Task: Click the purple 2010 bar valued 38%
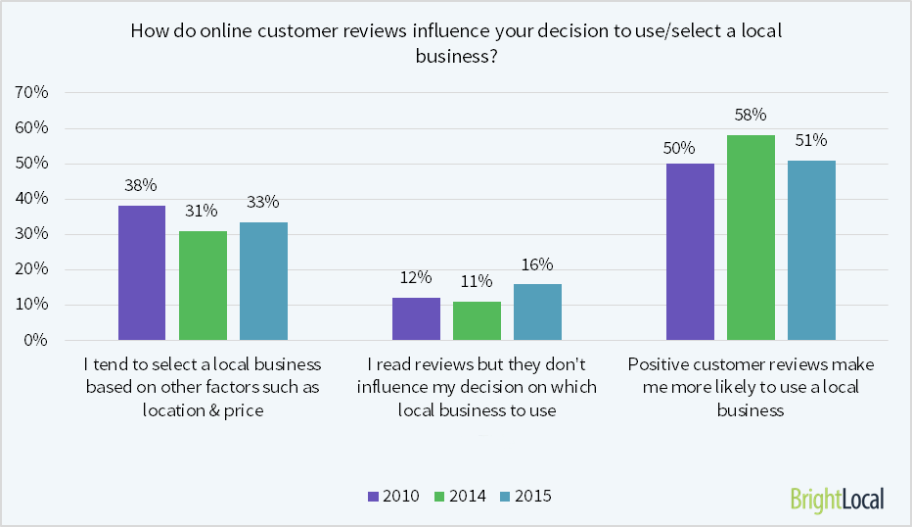142,272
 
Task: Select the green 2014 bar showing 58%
752,237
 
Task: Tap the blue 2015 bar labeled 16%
537,311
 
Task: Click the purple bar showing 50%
691,252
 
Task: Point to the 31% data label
203,210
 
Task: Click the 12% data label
416,277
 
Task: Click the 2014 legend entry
459,496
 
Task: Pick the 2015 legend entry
524,496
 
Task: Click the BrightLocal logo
837,499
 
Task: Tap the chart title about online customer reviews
456,43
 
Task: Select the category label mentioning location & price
203,387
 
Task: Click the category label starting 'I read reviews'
477,387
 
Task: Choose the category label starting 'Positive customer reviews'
751,387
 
